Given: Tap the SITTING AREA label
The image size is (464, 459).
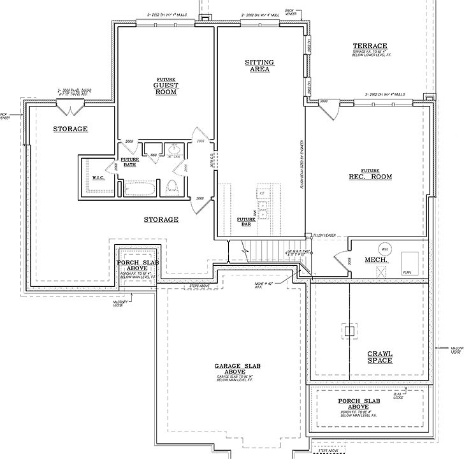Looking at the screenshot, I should point(259,65).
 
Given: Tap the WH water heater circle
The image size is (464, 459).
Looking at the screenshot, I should point(384,248).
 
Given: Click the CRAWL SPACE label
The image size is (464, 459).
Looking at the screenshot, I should point(379,357).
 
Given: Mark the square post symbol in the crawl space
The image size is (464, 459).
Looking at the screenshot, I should point(349,331).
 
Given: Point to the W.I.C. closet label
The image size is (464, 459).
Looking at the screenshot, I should point(98,178).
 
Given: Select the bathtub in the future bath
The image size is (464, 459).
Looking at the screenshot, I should point(138,188).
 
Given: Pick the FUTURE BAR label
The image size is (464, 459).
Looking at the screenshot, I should point(246,222).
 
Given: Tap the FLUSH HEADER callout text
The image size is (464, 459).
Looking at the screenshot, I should point(326,235).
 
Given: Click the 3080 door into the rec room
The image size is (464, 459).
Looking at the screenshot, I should point(330,110).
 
